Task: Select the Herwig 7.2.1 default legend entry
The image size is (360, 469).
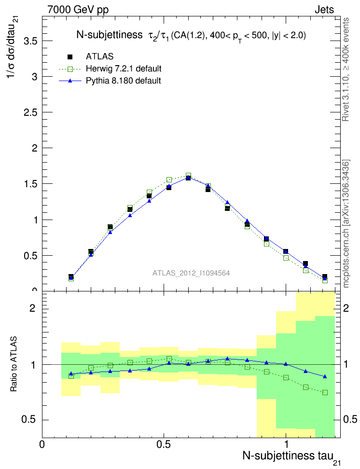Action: pyautogui.click(x=124, y=69)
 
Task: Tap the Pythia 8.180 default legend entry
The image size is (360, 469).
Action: pyautogui.click(x=124, y=81)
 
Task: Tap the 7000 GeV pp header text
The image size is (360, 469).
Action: pyautogui.click(x=78, y=9)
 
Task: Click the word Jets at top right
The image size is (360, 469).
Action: pyautogui.click(x=324, y=9)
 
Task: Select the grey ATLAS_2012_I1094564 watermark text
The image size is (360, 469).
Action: pyautogui.click(x=191, y=273)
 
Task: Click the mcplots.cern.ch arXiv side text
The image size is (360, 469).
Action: pyautogui.click(x=346, y=224)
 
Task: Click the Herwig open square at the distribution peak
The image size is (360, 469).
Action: pyautogui.click(x=188, y=176)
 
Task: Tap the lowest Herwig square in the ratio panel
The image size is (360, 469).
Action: pyautogui.click(x=325, y=392)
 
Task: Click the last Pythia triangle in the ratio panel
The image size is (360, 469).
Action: pyautogui.click(x=325, y=376)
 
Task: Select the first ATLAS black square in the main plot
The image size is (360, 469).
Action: pyautogui.click(x=71, y=277)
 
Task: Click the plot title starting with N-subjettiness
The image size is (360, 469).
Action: pyautogui.click(x=191, y=35)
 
